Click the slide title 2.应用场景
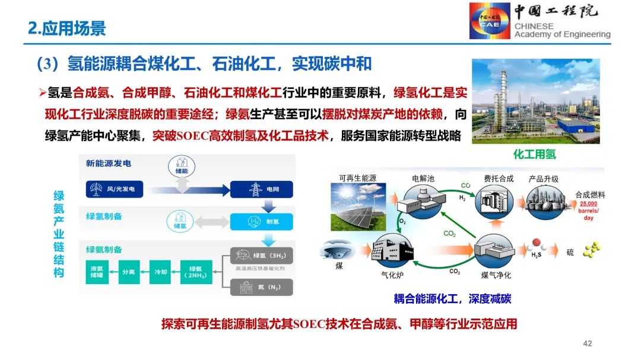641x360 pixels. click(67, 28)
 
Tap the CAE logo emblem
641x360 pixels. click(489, 21)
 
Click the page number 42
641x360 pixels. click(588, 343)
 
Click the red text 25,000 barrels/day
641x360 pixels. click(589, 211)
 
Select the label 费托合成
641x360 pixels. click(498, 178)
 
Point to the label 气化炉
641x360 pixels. click(392, 275)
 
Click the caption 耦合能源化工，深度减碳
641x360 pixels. click(452, 299)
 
